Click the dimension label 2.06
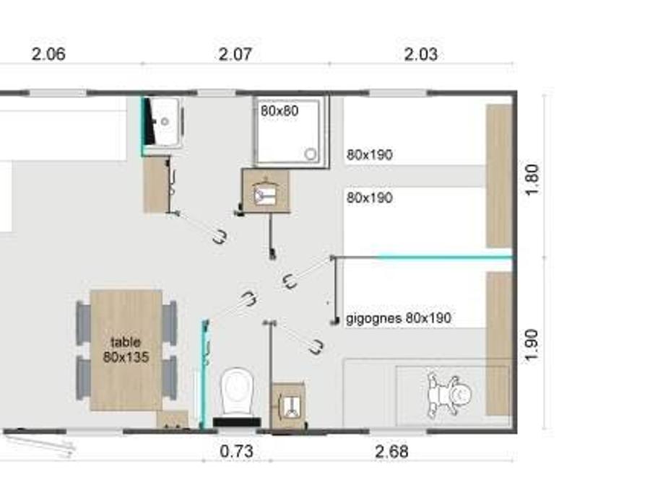click(48, 54)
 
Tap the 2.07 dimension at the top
click(235, 54)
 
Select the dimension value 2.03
click(421, 54)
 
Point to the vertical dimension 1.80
click(532, 180)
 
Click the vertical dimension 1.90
click(532, 345)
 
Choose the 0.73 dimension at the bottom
click(236, 452)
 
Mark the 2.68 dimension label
click(391, 452)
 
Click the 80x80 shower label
click(279, 110)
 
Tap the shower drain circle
click(311, 154)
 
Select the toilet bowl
click(237, 392)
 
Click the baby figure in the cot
click(450, 395)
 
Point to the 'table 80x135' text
click(126, 349)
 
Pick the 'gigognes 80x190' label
click(399, 318)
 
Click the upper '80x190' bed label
click(369, 154)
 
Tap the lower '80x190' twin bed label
click(369, 198)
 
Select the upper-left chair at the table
click(83, 323)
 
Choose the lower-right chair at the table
click(169, 377)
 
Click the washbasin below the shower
click(264, 193)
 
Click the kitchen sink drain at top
click(165, 121)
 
